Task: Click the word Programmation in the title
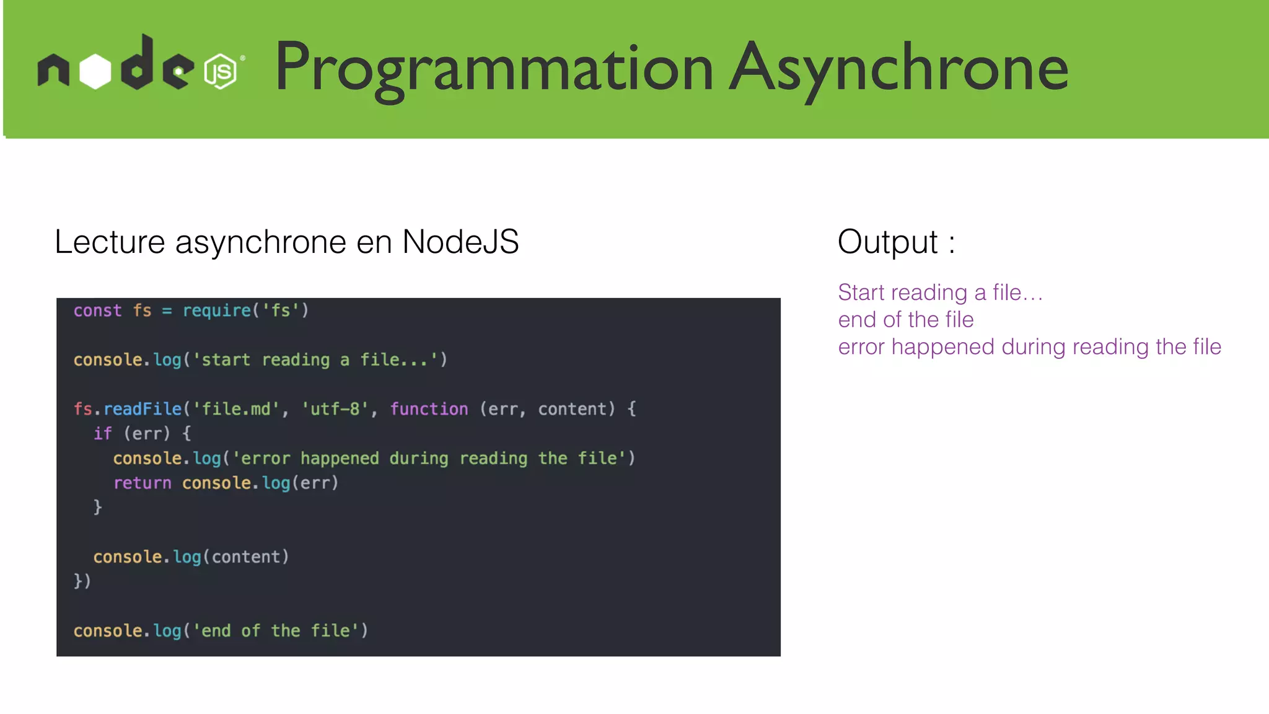[493, 68]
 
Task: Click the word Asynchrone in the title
[899, 68]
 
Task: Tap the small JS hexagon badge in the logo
[221, 71]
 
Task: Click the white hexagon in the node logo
[95, 71]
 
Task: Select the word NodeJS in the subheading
[460, 242]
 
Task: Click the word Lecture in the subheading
[110, 242]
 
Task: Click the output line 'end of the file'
[905, 320]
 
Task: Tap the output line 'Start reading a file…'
[940, 293]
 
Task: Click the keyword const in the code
[97, 311]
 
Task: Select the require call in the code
[216, 311]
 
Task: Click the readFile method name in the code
[143, 409]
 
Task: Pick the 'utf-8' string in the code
[335, 409]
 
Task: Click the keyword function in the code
[429, 409]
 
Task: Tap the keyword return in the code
[142, 483]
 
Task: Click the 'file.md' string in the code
[236, 409]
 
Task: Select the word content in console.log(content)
[246, 557]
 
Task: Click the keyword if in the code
[102, 434]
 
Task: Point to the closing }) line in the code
[82, 581]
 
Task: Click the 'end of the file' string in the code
[276, 631]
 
